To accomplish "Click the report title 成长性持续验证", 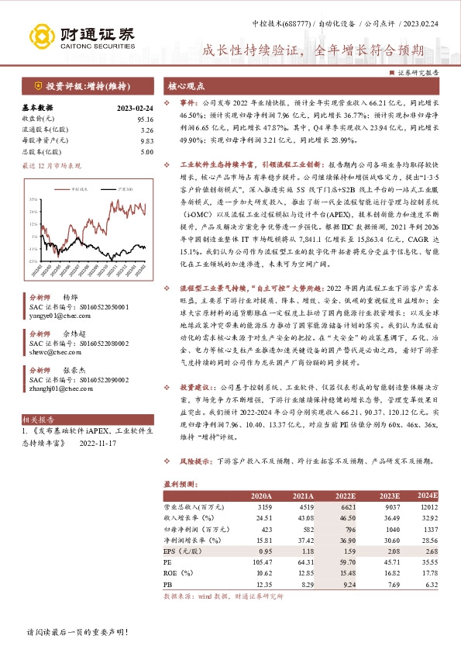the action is pyautogui.click(x=315, y=52).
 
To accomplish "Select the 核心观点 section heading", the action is pyautogui.click(x=187, y=87).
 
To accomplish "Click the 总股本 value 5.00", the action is pyautogui.click(x=147, y=153).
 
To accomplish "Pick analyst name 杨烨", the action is pyautogui.click(x=71, y=298).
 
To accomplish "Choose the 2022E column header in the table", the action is pyautogui.click(x=346, y=496).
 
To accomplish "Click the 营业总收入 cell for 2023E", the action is pyautogui.click(x=388, y=507).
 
